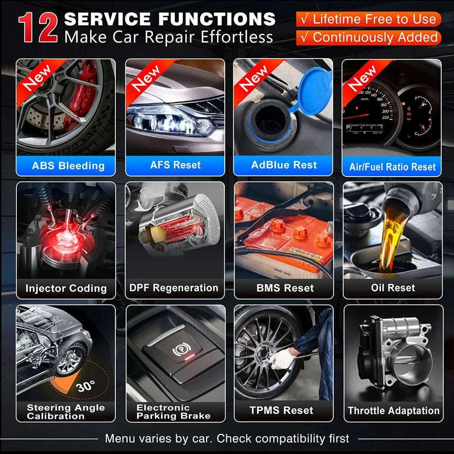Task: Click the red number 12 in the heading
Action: pyautogui.click(x=38, y=28)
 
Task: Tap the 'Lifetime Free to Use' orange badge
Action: pyautogui.click(x=368, y=19)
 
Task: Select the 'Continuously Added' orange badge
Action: pyautogui.click(x=368, y=38)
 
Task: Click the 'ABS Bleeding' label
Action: pyautogui.click(x=68, y=166)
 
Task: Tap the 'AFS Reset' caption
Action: pyautogui.click(x=175, y=165)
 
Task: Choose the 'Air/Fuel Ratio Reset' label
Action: pyautogui.click(x=392, y=167)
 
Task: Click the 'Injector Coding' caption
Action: pyautogui.click(x=66, y=288)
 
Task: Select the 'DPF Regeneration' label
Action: pyautogui.click(x=174, y=288)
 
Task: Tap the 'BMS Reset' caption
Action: pyautogui.click(x=285, y=288)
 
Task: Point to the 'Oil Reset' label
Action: pyautogui.click(x=393, y=288)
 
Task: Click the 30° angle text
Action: pyautogui.click(x=86, y=386)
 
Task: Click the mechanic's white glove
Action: pyautogui.click(x=282, y=358)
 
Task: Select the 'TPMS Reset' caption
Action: pyautogui.click(x=281, y=410)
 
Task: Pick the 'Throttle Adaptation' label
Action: pyautogui.click(x=394, y=410)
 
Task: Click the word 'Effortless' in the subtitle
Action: pyautogui.click(x=237, y=37)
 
